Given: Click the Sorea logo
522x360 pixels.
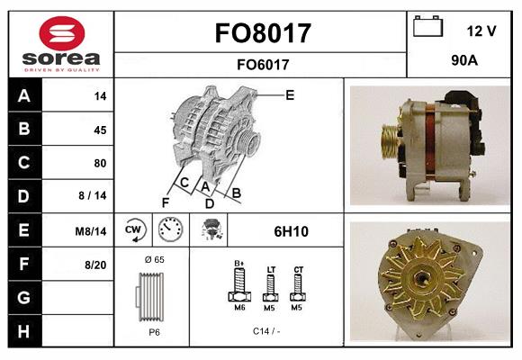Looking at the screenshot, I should pyautogui.click(x=61, y=44).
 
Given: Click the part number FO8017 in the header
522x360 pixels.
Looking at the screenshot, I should pyautogui.click(x=262, y=33).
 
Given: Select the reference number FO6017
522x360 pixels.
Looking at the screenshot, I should pyautogui.click(x=262, y=64).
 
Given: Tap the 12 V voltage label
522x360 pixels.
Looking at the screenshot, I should pyautogui.click(x=481, y=31).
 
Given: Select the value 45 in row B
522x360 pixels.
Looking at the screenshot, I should pyautogui.click(x=99, y=130).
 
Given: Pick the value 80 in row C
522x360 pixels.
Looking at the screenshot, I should pyautogui.click(x=99, y=164).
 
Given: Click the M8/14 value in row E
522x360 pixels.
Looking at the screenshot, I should pyautogui.click(x=92, y=231).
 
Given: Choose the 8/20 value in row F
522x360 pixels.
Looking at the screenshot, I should pyautogui.click(x=95, y=265).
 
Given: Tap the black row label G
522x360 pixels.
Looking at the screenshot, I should pyautogui.click(x=24, y=297).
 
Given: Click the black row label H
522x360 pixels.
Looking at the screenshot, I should pyautogui.click(x=24, y=330).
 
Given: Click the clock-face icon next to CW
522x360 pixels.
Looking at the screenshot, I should pyautogui.click(x=169, y=231).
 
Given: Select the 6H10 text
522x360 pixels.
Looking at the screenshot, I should pyautogui.click(x=291, y=231).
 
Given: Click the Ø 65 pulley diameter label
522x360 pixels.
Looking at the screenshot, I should pyautogui.click(x=153, y=259).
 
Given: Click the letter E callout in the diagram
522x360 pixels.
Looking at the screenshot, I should pyautogui.click(x=290, y=94).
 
